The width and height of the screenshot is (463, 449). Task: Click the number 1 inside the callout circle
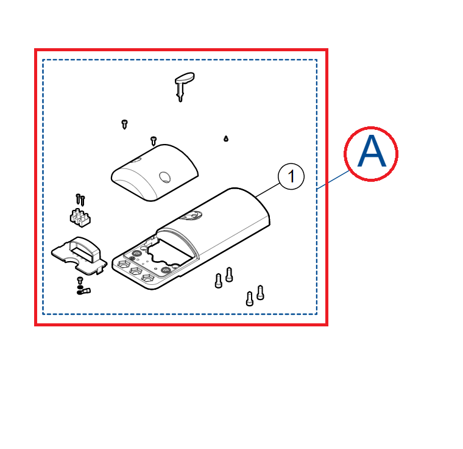point(291,176)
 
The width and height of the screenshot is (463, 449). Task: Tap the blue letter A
point(372,151)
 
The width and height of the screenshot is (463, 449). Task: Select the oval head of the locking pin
point(185,78)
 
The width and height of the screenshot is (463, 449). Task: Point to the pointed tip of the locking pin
point(180,101)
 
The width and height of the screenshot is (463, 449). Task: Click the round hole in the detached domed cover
point(164,177)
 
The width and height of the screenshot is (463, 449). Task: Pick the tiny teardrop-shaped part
point(226,138)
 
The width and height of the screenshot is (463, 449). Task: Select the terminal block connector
point(80,218)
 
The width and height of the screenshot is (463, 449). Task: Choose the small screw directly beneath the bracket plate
point(80,280)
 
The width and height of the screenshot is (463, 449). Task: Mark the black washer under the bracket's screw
point(80,287)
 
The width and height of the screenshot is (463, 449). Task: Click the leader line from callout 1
point(267,190)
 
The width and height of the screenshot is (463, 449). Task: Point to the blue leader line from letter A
point(333,179)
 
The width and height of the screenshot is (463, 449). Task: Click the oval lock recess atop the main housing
point(192,215)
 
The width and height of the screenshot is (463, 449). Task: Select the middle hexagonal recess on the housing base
point(136,271)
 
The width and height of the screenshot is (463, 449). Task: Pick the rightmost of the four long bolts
point(260,293)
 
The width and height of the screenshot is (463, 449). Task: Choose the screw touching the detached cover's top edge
point(154,141)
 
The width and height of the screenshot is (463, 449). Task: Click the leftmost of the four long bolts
point(219,281)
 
